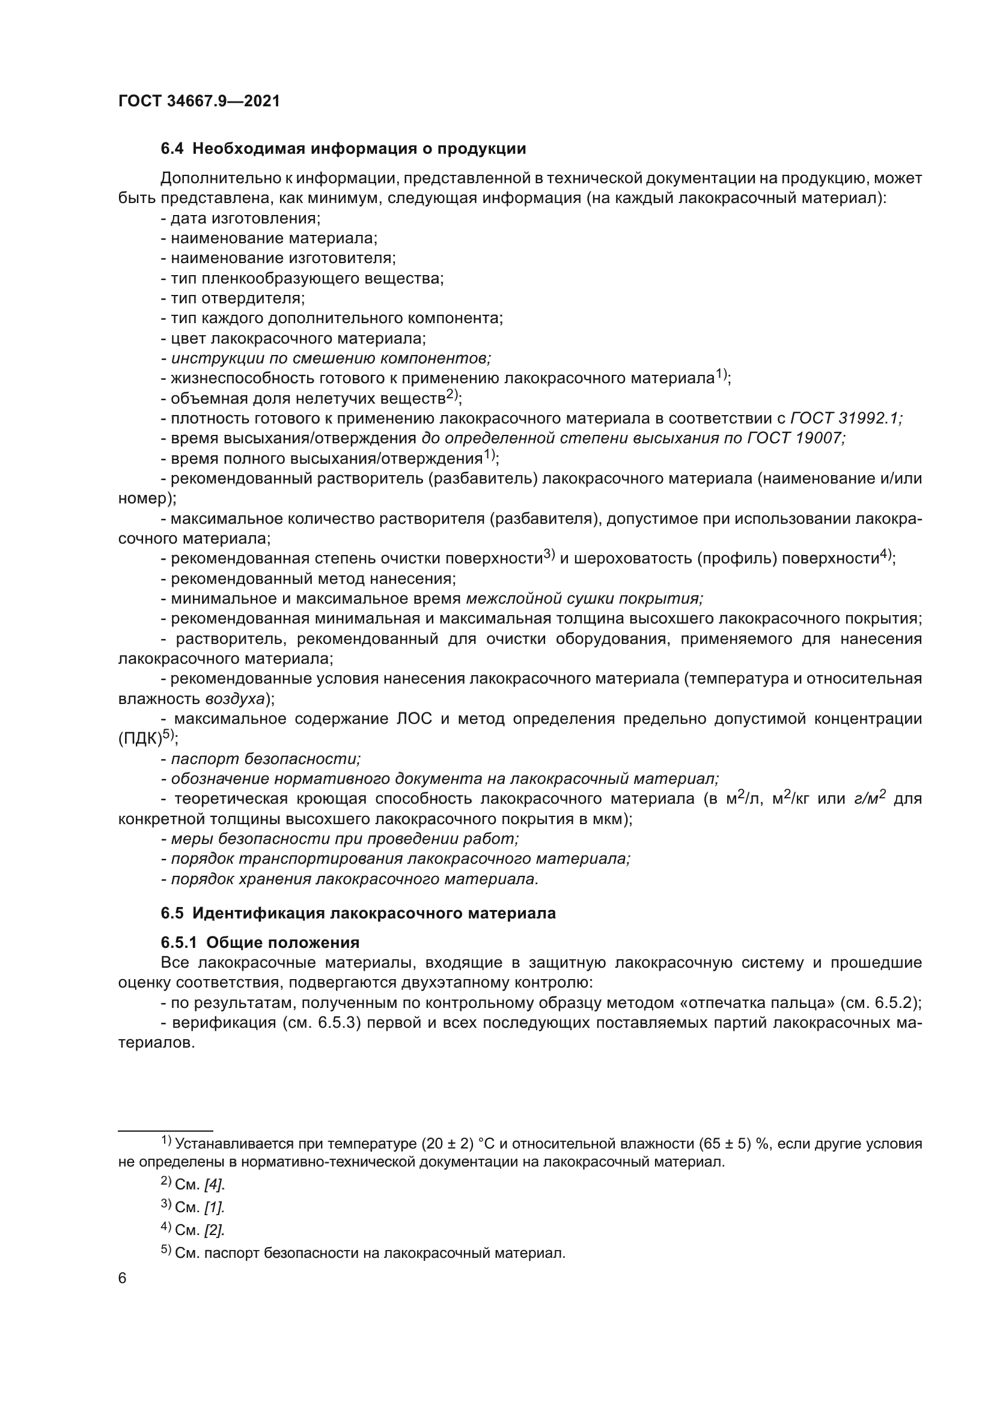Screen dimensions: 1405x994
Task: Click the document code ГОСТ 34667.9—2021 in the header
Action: point(199,102)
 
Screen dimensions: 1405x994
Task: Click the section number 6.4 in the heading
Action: point(172,149)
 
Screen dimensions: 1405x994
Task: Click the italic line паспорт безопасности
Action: point(265,759)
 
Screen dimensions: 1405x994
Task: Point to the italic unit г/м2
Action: point(870,799)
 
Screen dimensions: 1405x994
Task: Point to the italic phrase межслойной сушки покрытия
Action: point(584,598)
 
